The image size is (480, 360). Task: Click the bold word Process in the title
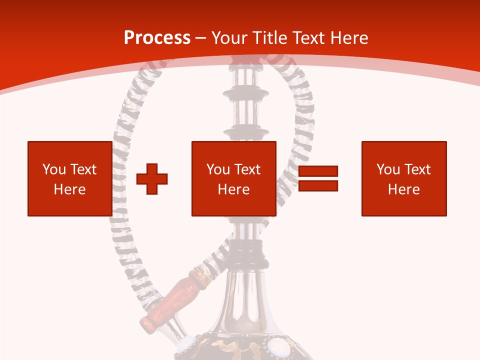[x=157, y=38]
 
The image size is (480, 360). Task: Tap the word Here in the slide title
[x=348, y=38]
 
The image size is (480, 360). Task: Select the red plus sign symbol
[x=152, y=178]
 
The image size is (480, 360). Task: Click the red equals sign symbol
[x=318, y=178]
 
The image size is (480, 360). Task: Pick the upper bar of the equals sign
[x=318, y=171]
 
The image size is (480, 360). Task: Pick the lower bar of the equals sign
[x=318, y=186]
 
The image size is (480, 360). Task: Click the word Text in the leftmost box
[x=83, y=169]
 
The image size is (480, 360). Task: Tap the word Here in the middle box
[x=233, y=189]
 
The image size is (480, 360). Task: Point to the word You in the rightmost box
[x=388, y=169]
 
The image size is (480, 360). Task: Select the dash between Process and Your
[x=201, y=38]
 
